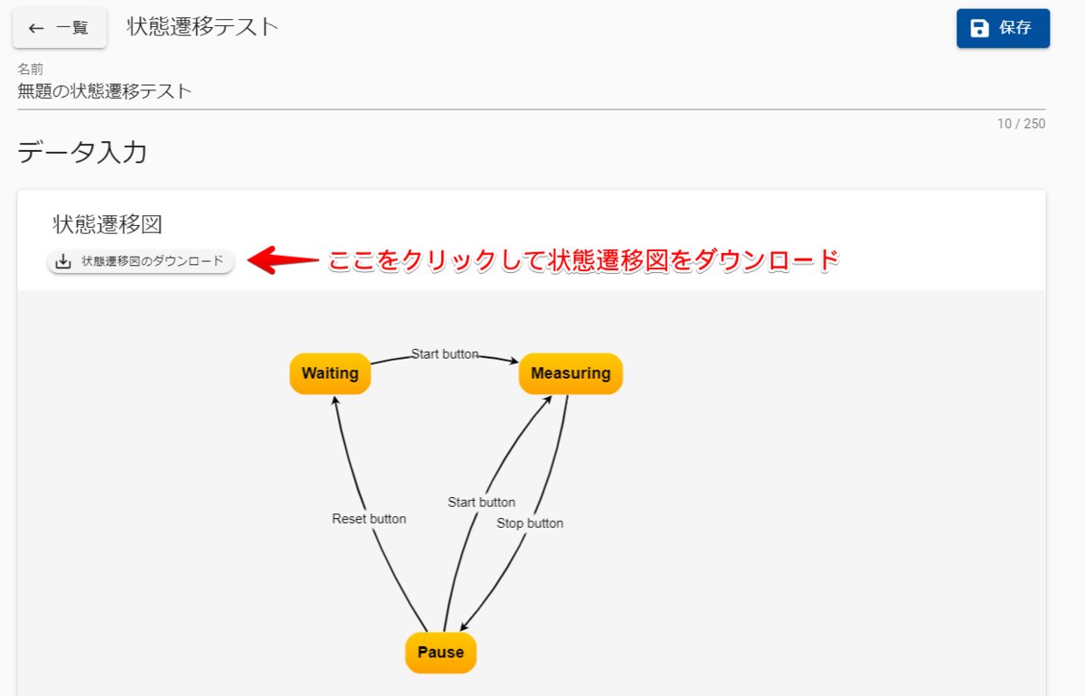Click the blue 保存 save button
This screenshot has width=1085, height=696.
pos(1003,28)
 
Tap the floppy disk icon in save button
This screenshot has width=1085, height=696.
pos(979,28)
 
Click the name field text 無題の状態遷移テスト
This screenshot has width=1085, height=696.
pos(105,90)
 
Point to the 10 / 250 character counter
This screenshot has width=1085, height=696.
pos(1021,124)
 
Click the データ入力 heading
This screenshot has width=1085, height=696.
pos(82,153)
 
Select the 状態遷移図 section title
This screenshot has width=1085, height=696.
pos(108,224)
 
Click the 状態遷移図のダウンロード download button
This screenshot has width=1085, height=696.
pos(141,261)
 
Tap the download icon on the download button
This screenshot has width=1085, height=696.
pos(63,261)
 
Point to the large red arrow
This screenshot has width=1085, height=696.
pos(283,260)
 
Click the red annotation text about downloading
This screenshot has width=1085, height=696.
pos(584,261)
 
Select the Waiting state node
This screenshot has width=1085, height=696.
pos(330,373)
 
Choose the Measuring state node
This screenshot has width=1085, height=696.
pos(571,373)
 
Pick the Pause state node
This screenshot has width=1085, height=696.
pos(440,653)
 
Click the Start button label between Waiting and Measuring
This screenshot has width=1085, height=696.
pos(445,354)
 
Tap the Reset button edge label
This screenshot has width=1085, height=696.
pos(369,519)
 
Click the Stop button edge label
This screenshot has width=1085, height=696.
pos(530,523)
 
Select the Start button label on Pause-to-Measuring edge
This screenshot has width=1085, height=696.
pos(481,503)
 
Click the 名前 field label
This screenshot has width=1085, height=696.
pos(31,70)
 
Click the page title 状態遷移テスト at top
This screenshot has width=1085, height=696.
pos(203,27)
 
